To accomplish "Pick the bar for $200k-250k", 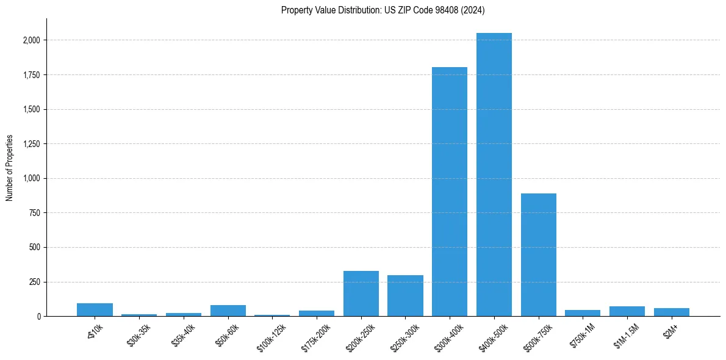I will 361,293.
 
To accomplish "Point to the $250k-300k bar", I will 405,296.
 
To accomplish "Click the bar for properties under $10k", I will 95,310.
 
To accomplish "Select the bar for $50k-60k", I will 228,311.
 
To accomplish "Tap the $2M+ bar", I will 672,312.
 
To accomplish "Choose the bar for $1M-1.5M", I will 627,311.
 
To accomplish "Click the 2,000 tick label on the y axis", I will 32,40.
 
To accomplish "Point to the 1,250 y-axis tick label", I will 32,144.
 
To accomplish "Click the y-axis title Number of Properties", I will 9,168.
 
